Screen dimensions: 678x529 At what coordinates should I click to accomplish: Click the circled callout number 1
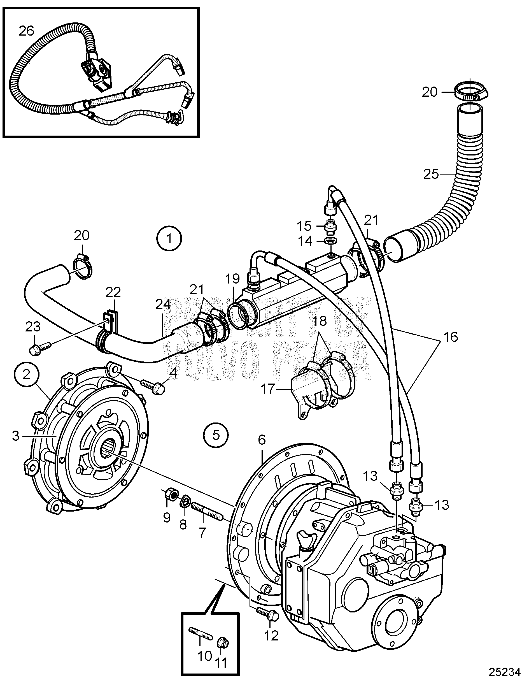[x=169, y=239]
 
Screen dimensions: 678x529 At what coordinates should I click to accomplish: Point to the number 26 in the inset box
[x=26, y=31]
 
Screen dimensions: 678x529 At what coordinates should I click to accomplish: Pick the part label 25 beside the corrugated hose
[x=431, y=174]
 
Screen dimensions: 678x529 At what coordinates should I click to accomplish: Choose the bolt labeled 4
[x=152, y=387]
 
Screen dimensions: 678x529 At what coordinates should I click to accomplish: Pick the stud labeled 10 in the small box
[x=201, y=633]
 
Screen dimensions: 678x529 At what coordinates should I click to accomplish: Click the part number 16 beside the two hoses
[x=451, y=336]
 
